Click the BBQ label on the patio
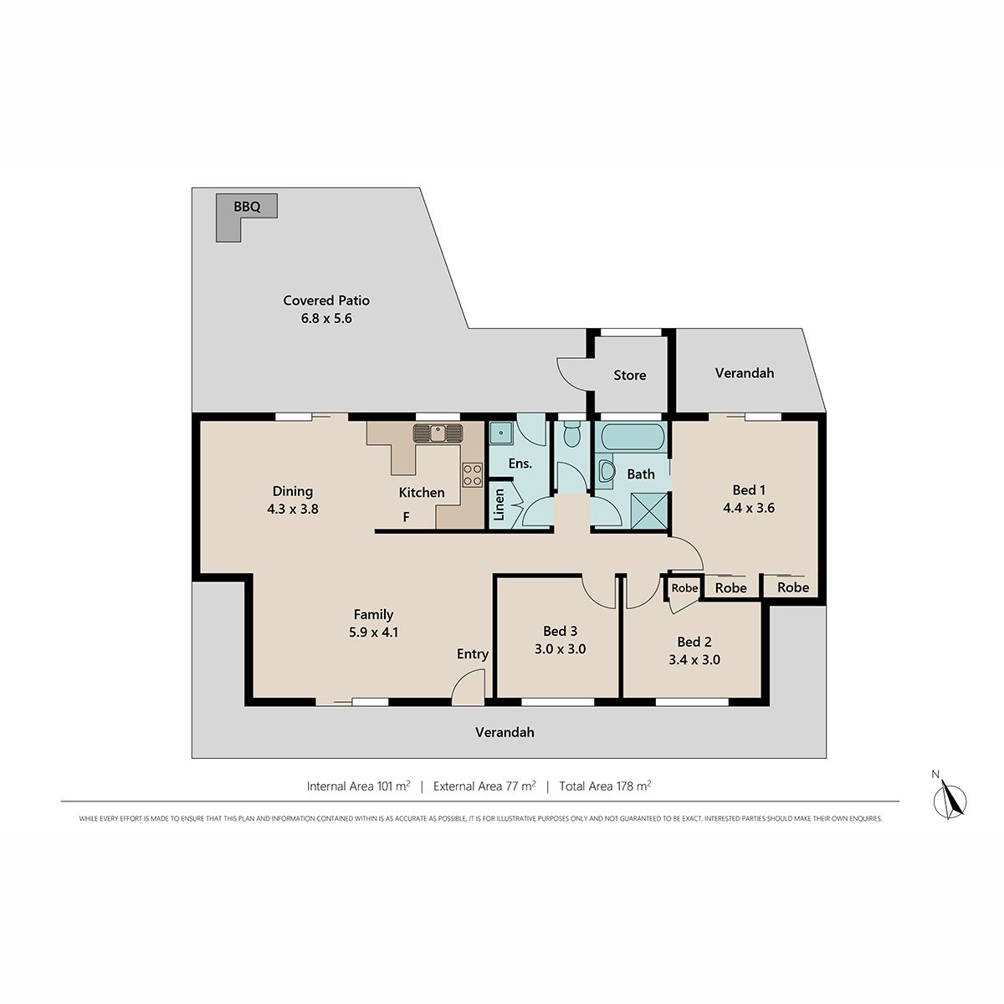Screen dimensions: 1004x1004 pos(247,207)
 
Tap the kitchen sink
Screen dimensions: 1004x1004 pos(438,433)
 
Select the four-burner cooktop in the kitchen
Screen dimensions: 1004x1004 pos(473,474)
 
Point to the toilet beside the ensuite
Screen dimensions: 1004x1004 pos(571,434)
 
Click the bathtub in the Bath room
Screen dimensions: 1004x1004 pos(633,437)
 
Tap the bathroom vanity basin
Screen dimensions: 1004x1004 pos(607,472)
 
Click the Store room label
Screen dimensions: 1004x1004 pos(629,375)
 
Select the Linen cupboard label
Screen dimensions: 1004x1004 pos(499,505)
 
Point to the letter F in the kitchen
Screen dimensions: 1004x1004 pos(406,517)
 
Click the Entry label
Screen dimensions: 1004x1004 pos(473,654)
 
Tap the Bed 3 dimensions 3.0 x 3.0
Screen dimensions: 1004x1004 pos(560,648)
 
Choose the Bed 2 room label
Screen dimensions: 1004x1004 pos(694,642)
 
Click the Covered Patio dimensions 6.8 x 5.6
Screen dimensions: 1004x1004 pos(326,318)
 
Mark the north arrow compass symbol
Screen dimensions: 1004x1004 pos(950,801)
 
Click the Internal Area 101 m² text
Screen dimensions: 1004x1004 pos(358,786)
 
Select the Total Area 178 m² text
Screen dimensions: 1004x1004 pos(605,786)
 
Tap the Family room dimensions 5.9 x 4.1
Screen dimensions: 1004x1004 pos(373,632)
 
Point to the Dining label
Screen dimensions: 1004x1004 pos(292,491)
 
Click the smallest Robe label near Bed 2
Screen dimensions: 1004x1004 pos(684,587)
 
